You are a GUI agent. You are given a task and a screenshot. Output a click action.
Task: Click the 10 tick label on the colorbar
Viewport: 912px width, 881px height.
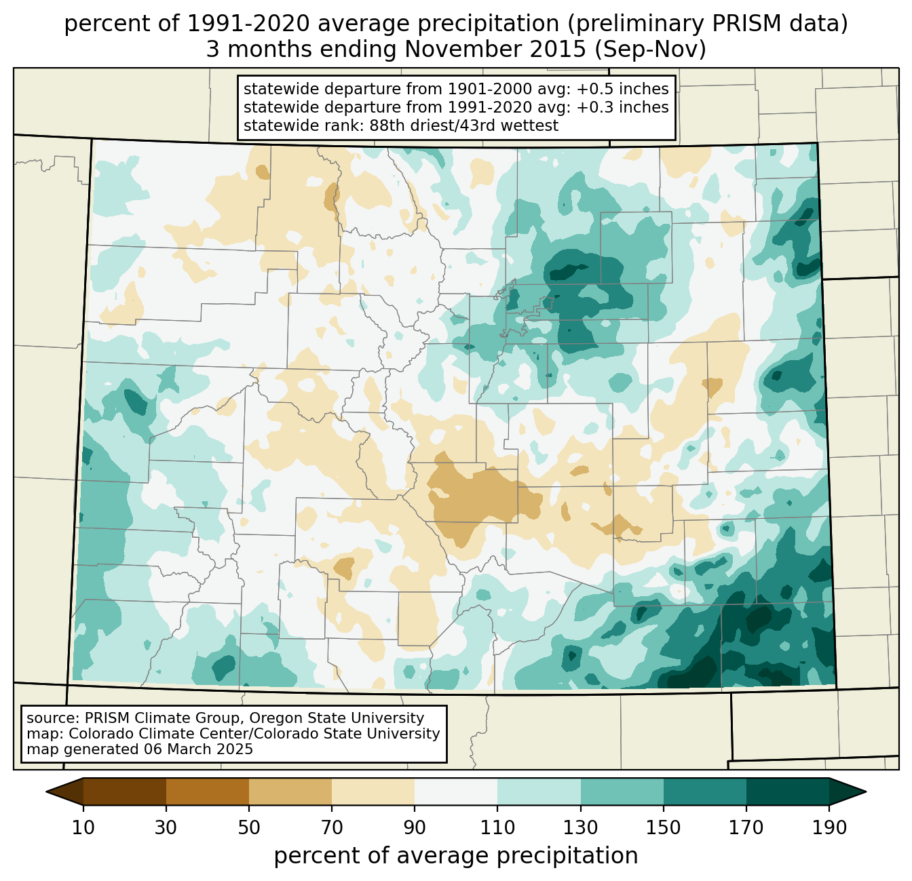(x=83, y=827)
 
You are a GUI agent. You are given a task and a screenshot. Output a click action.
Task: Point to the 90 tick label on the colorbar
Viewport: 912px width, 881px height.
(x=415, y=827)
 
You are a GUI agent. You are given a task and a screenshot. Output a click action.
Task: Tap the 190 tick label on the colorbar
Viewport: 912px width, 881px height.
(x=829, y=827)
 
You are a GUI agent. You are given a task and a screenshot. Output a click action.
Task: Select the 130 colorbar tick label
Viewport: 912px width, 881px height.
(x=581, y=827)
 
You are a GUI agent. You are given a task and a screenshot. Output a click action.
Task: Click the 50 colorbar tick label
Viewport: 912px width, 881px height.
(x=249, y=827)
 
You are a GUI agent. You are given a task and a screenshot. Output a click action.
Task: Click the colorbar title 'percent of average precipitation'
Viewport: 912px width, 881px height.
(x=456, y=856)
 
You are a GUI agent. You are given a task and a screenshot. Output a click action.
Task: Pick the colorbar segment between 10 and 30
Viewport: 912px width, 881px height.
(x=125, y=791)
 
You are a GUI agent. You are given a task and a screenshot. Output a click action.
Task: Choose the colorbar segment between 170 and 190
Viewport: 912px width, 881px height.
(x=787, y=791)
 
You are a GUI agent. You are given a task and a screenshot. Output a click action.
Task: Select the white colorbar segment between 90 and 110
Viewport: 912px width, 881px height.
(x=456, y=791)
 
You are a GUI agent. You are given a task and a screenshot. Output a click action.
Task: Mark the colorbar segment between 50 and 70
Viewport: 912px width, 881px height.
(x=290, y=791)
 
